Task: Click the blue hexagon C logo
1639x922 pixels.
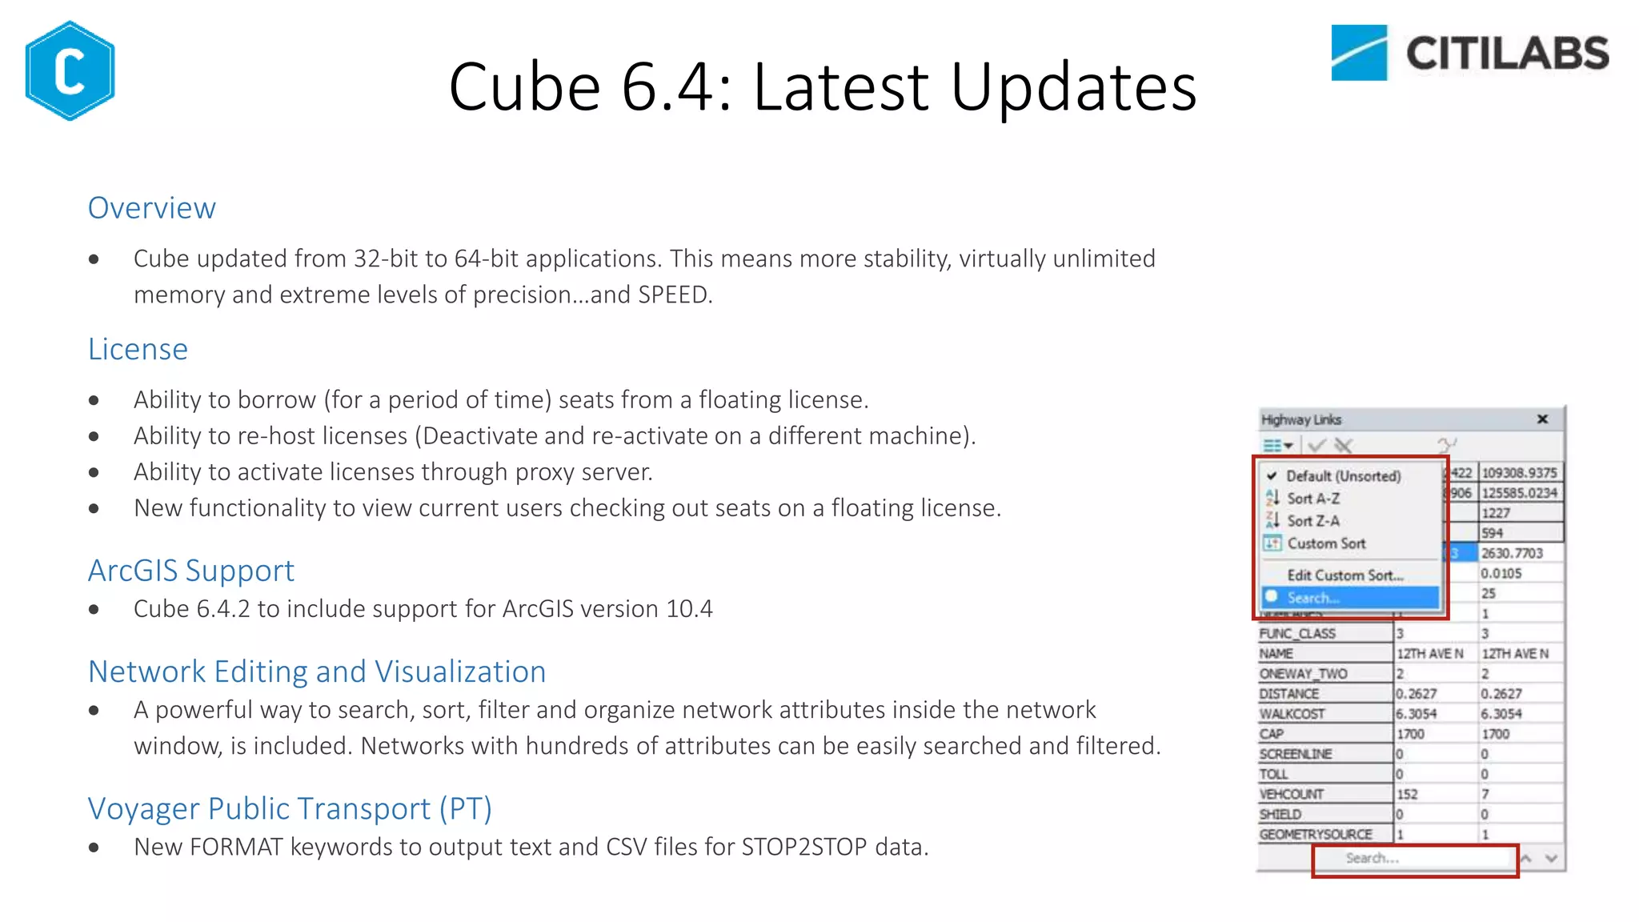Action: [x=70, y=70]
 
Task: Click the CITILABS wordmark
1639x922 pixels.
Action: [x=1507, y=54]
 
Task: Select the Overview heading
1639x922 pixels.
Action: [x=151, y=208]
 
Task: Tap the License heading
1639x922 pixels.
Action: [x=138, y=350]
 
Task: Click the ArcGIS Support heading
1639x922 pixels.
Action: [x=190, y=571]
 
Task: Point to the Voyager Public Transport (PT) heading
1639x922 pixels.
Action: [x=289, y=808]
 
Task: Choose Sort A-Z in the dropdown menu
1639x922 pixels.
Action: [x=1312, y=499]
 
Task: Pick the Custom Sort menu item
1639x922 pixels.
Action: [x=1325, y=543]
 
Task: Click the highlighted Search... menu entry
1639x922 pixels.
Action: [x=1312, y=598]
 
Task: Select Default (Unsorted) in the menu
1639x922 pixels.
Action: [x=1343, y=476]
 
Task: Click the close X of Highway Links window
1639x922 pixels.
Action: [x=1542, y=419]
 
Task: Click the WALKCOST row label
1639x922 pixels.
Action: [x=1292, y=714]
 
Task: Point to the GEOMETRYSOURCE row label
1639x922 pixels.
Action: [x=1315, y=834]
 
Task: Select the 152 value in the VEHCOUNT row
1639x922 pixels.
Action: [x=1407, y=794]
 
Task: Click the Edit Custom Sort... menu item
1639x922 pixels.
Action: [x=1344, y=575]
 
